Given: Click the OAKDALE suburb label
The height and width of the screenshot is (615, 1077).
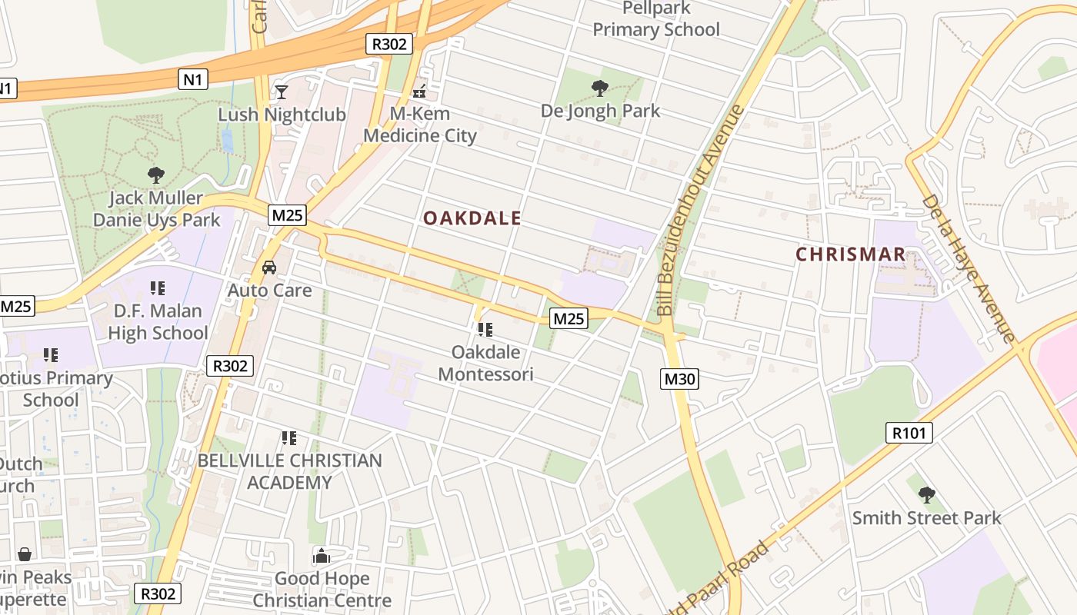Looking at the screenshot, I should pos(472,218).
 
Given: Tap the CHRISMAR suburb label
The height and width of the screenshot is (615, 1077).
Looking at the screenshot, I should pos(850,254).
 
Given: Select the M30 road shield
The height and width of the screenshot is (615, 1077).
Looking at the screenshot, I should pos(679,378).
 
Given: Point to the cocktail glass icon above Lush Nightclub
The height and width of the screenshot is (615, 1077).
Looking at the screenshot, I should pos(282,92).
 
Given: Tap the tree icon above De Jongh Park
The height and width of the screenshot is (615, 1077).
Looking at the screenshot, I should pos(600,88).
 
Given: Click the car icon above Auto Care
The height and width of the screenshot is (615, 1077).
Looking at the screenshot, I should pos(269,268).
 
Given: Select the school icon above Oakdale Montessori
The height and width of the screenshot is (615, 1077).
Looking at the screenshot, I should pos(485,330).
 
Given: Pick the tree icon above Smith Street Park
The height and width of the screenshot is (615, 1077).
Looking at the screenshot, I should pos(927,494).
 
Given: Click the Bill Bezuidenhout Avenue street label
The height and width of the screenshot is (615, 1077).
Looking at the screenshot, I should pos(701,210).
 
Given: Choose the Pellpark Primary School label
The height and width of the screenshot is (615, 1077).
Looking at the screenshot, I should pos(656,19).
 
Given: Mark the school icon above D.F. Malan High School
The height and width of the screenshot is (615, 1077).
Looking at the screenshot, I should pos(158,288).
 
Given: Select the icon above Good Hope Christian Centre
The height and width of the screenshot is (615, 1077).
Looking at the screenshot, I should pos(322,556).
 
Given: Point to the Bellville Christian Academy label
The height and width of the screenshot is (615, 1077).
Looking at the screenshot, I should pos(289,471).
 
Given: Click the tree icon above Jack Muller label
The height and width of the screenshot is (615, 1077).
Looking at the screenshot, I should pos(156,175).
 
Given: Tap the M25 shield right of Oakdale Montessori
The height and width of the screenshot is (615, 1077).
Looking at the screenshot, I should pos(569,318).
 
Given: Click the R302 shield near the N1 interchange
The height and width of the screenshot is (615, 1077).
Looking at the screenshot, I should pos(388,44).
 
